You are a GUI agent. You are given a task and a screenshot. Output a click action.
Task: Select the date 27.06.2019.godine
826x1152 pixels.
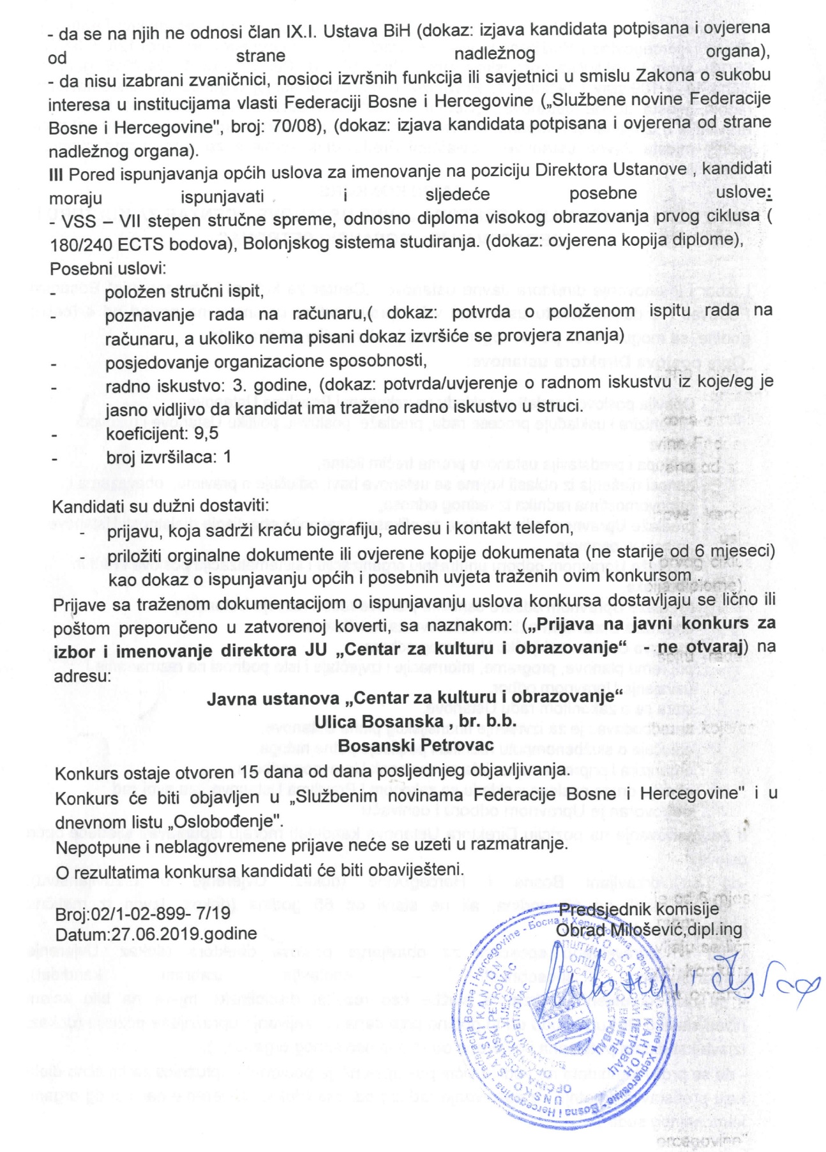(184, 934)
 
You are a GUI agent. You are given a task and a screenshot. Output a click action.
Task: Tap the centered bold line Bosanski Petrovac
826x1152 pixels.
(416, 745)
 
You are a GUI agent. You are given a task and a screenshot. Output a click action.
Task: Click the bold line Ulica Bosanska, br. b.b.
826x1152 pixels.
(416, 721)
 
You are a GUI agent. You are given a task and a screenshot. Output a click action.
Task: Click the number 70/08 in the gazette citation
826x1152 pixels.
(299, 126)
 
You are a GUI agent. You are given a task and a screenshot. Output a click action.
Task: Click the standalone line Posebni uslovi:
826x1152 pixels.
(108, 268)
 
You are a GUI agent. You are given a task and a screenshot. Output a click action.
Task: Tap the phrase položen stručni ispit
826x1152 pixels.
(184, 292)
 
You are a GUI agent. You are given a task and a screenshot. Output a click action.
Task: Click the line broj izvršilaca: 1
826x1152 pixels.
(169, 457)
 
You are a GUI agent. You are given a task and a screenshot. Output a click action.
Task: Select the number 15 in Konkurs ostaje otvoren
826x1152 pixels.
(250, 771)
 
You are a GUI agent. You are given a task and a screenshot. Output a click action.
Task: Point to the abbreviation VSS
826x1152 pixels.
(79, 221)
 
